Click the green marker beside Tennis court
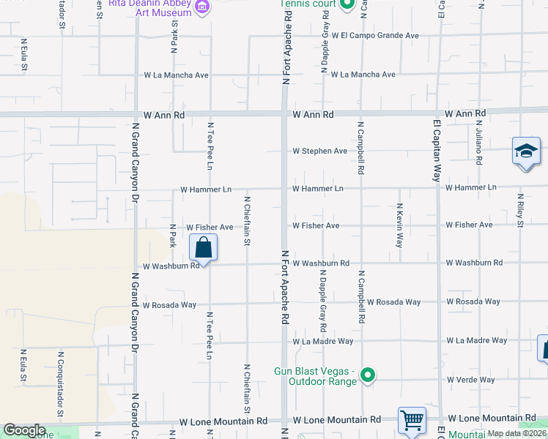coord(348,4)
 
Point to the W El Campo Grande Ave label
coord(374,35)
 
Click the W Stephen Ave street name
coord(319,151)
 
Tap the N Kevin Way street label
coord(400,225)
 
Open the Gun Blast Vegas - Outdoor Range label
coord(315,375)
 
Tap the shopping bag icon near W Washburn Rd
coord(204,248)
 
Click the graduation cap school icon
coord(525,152)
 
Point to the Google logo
coord(24,429)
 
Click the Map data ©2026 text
coord(516,433)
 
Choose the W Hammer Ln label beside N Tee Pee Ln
coord(206,190)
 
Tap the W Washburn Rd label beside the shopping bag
coord(171,266)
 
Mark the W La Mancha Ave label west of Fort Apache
coord(177,75)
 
